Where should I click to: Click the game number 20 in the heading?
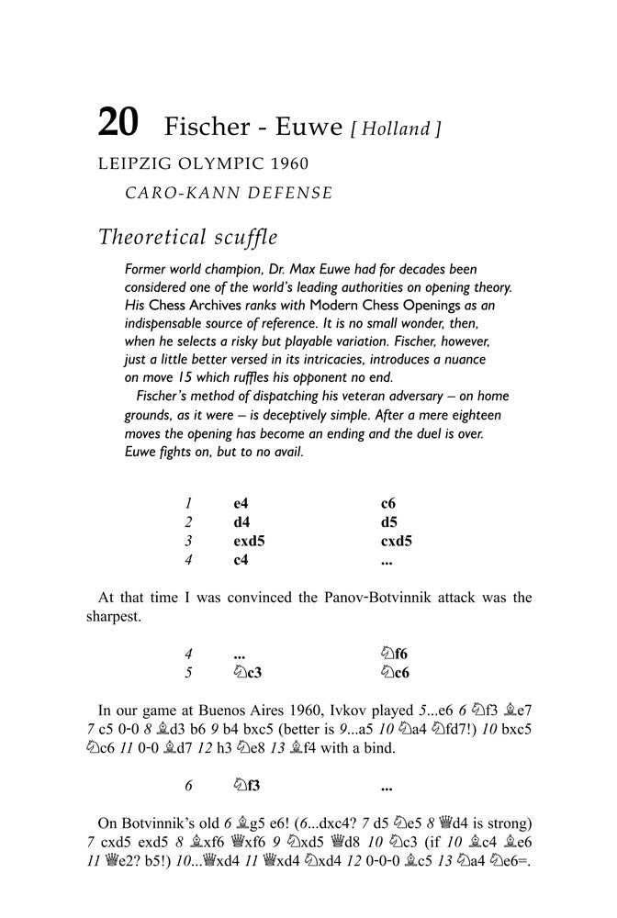[x=118, y=124]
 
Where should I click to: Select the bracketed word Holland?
[x=396, y=129]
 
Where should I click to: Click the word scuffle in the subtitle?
[x=241, y=237]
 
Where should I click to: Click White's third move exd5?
[x=249, y=541]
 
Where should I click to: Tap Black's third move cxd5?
[x=396, y=541]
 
